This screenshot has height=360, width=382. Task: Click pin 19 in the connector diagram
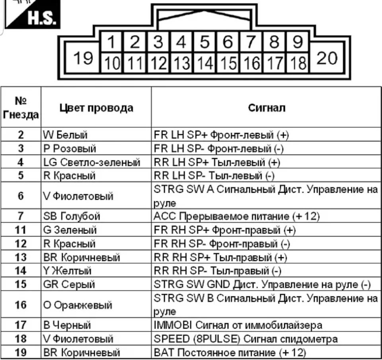(83, 59)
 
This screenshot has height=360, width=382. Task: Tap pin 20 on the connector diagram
(327, 58)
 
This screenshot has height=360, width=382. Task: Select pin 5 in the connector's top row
(205, 42)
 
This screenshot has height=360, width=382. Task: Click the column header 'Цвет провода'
(96, 108)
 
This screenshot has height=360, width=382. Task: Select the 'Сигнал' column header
(267, 108)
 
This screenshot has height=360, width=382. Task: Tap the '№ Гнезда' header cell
(21, 108)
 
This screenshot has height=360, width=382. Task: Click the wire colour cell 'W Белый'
(65, 135)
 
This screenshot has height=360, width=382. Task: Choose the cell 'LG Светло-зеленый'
(92, 162)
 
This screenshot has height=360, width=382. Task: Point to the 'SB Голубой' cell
(72, 216)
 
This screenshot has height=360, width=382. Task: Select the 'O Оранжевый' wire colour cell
(78, 305)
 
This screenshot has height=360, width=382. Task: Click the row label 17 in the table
(21, 325)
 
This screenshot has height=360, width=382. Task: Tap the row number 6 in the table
(21, 196)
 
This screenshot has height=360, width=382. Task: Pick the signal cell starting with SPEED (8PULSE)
(246, 339)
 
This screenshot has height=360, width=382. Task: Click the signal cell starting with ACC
(237, 216)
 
